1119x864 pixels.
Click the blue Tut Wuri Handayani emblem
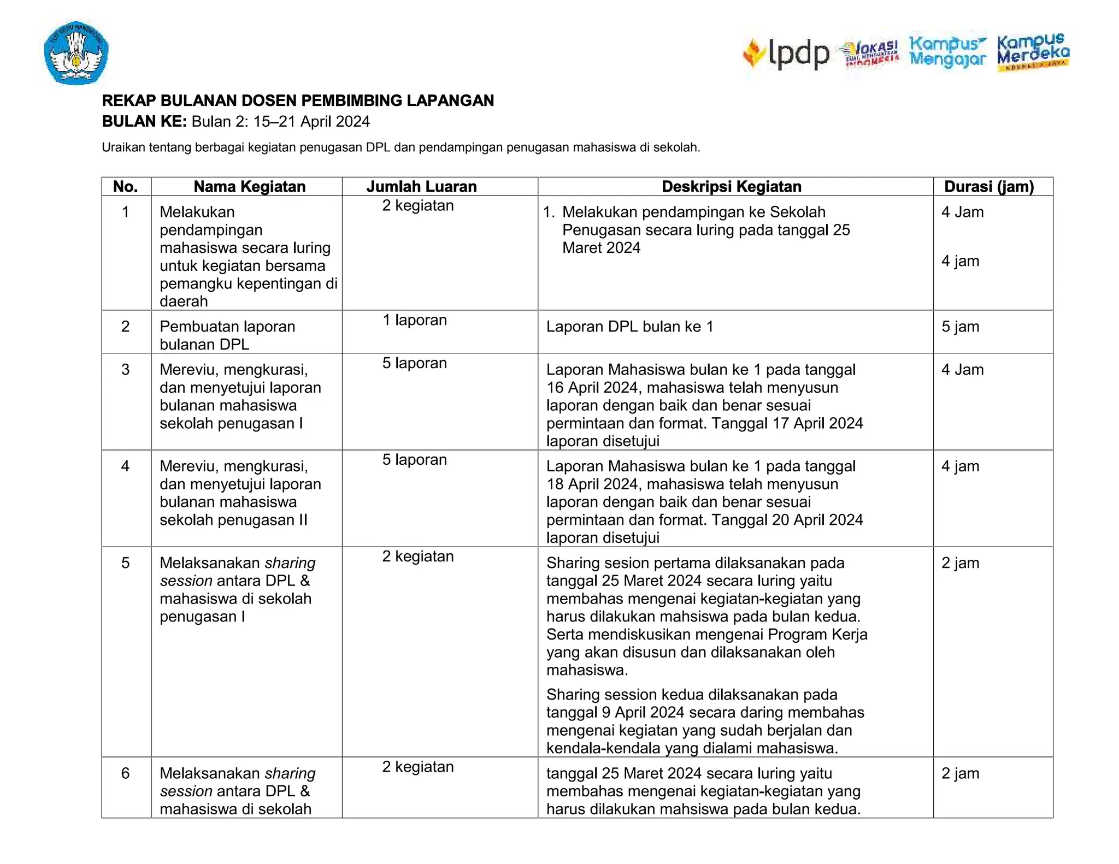click(x=76, y=53)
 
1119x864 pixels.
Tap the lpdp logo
click(x=787, y=54)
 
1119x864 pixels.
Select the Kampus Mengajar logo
click(x=947, y=52)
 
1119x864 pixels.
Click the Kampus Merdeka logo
click(x=1033, y=52)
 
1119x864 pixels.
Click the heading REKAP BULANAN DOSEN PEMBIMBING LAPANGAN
click(x=298, y=100)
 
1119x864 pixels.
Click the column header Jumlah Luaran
click(x=421, y=187)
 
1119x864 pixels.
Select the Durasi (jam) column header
click(x=989, y=187)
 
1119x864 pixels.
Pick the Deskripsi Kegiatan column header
click(x=731, y=187)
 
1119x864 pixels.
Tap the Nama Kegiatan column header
click(x=249, y=187)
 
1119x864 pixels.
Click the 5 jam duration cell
click(x=960, y=327)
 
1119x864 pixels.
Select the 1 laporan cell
click(x=414, y=320)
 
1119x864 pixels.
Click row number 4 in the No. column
click(x=125, y=466)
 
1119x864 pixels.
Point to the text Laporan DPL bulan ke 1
click(x=629, y=327)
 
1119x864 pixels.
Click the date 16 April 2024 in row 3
click(x=592, y=388)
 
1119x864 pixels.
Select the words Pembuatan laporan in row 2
click(x=227, y=327)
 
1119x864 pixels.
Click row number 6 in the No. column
click(x=125, y=773)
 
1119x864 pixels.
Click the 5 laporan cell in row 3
click(x=414, y=363)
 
